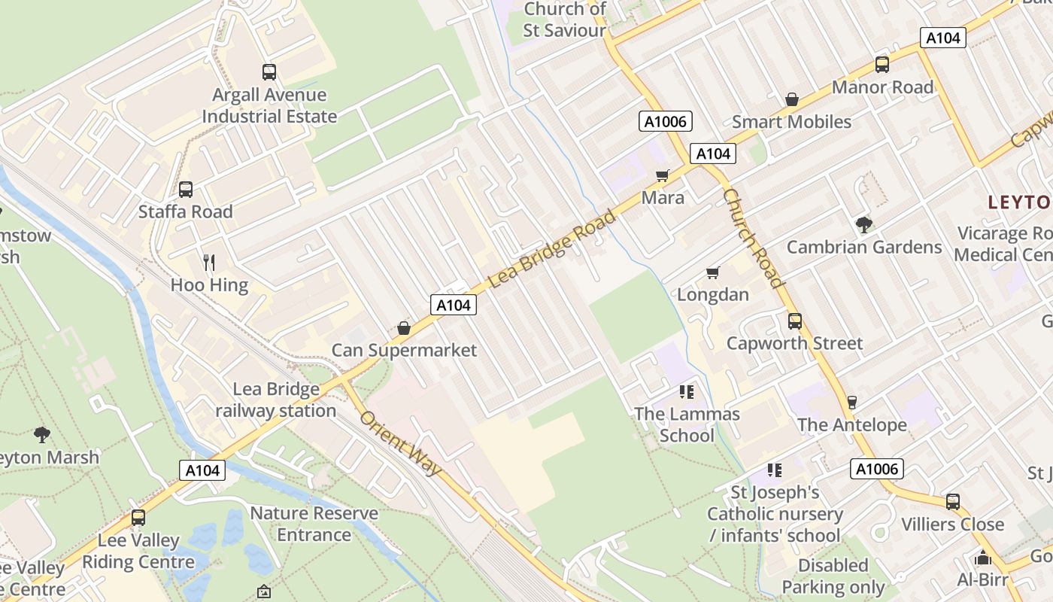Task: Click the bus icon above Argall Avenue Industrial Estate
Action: tap(269, 72)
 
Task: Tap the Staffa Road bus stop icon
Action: tap(186, 190)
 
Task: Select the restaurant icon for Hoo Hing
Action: tap(209, 263)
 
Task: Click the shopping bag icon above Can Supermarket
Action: tap(404, 328)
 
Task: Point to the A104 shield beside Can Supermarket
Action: tap(454, 305)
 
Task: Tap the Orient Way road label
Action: tap(400, 443)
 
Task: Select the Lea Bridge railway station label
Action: tap(276, 400)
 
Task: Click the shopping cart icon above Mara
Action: tap(663, 176)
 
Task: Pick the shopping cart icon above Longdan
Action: tap(712, 272)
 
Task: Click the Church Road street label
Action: tap(754, 238)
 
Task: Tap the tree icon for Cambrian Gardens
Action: tap(864, 224)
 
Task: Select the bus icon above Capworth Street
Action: tap(795, 321)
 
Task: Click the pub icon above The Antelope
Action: tap(851, 403)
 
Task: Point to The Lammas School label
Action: tap(687, 424)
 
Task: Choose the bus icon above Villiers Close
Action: tap(953, 502)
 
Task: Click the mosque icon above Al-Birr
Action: tap(982, 558)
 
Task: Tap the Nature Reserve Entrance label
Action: tap(314, 524)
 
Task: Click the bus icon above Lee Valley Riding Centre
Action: tap(138, 518)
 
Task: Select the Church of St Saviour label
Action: tap(565, 20)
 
